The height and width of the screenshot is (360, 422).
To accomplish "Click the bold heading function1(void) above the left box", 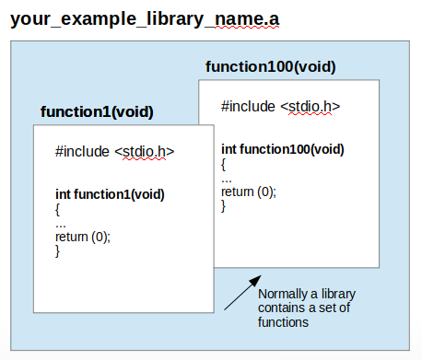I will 97,112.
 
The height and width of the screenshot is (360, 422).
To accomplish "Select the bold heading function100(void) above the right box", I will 270,67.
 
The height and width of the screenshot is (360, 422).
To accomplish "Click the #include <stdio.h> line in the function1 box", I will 114,152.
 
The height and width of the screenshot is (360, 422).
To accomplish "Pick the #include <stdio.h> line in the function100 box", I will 280,106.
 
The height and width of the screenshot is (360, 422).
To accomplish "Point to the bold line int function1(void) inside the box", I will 110,194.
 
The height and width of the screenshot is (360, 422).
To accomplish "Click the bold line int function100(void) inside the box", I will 283,149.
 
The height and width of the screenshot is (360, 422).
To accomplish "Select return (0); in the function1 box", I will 83,237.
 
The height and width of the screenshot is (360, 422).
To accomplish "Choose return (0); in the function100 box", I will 249,192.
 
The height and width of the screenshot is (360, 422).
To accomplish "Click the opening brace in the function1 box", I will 58,209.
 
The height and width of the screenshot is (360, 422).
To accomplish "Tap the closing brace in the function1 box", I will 58,251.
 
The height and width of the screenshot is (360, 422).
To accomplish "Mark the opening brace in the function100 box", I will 224,164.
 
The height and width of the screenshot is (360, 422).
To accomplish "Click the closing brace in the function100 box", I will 224,206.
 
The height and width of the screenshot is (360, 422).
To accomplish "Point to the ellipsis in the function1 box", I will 61,224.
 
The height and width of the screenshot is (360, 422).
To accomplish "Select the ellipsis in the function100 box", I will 227,179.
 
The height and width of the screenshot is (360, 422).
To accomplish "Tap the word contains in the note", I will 281,308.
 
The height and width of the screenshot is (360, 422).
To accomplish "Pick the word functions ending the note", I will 283,323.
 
